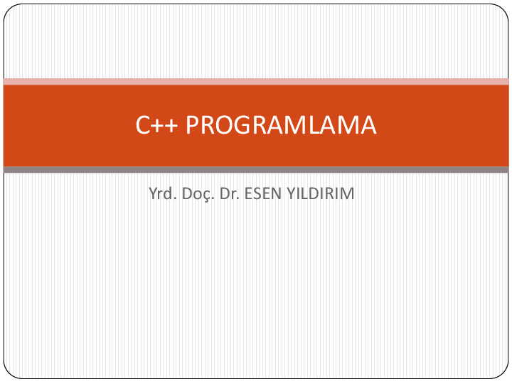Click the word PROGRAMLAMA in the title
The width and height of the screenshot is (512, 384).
tap(281, 126)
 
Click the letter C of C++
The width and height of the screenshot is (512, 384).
tap(143, 126)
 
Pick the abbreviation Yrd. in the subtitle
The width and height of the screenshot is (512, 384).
tap(162, 193)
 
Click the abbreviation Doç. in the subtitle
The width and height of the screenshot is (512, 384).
tap(198, 193)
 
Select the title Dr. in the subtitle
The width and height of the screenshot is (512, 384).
tap(230, 193)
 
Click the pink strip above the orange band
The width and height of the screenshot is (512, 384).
tap(256, 82)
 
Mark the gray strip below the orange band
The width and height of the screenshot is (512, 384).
tap(256, 170)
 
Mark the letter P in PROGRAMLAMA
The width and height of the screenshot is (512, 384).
tap(193, 126)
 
